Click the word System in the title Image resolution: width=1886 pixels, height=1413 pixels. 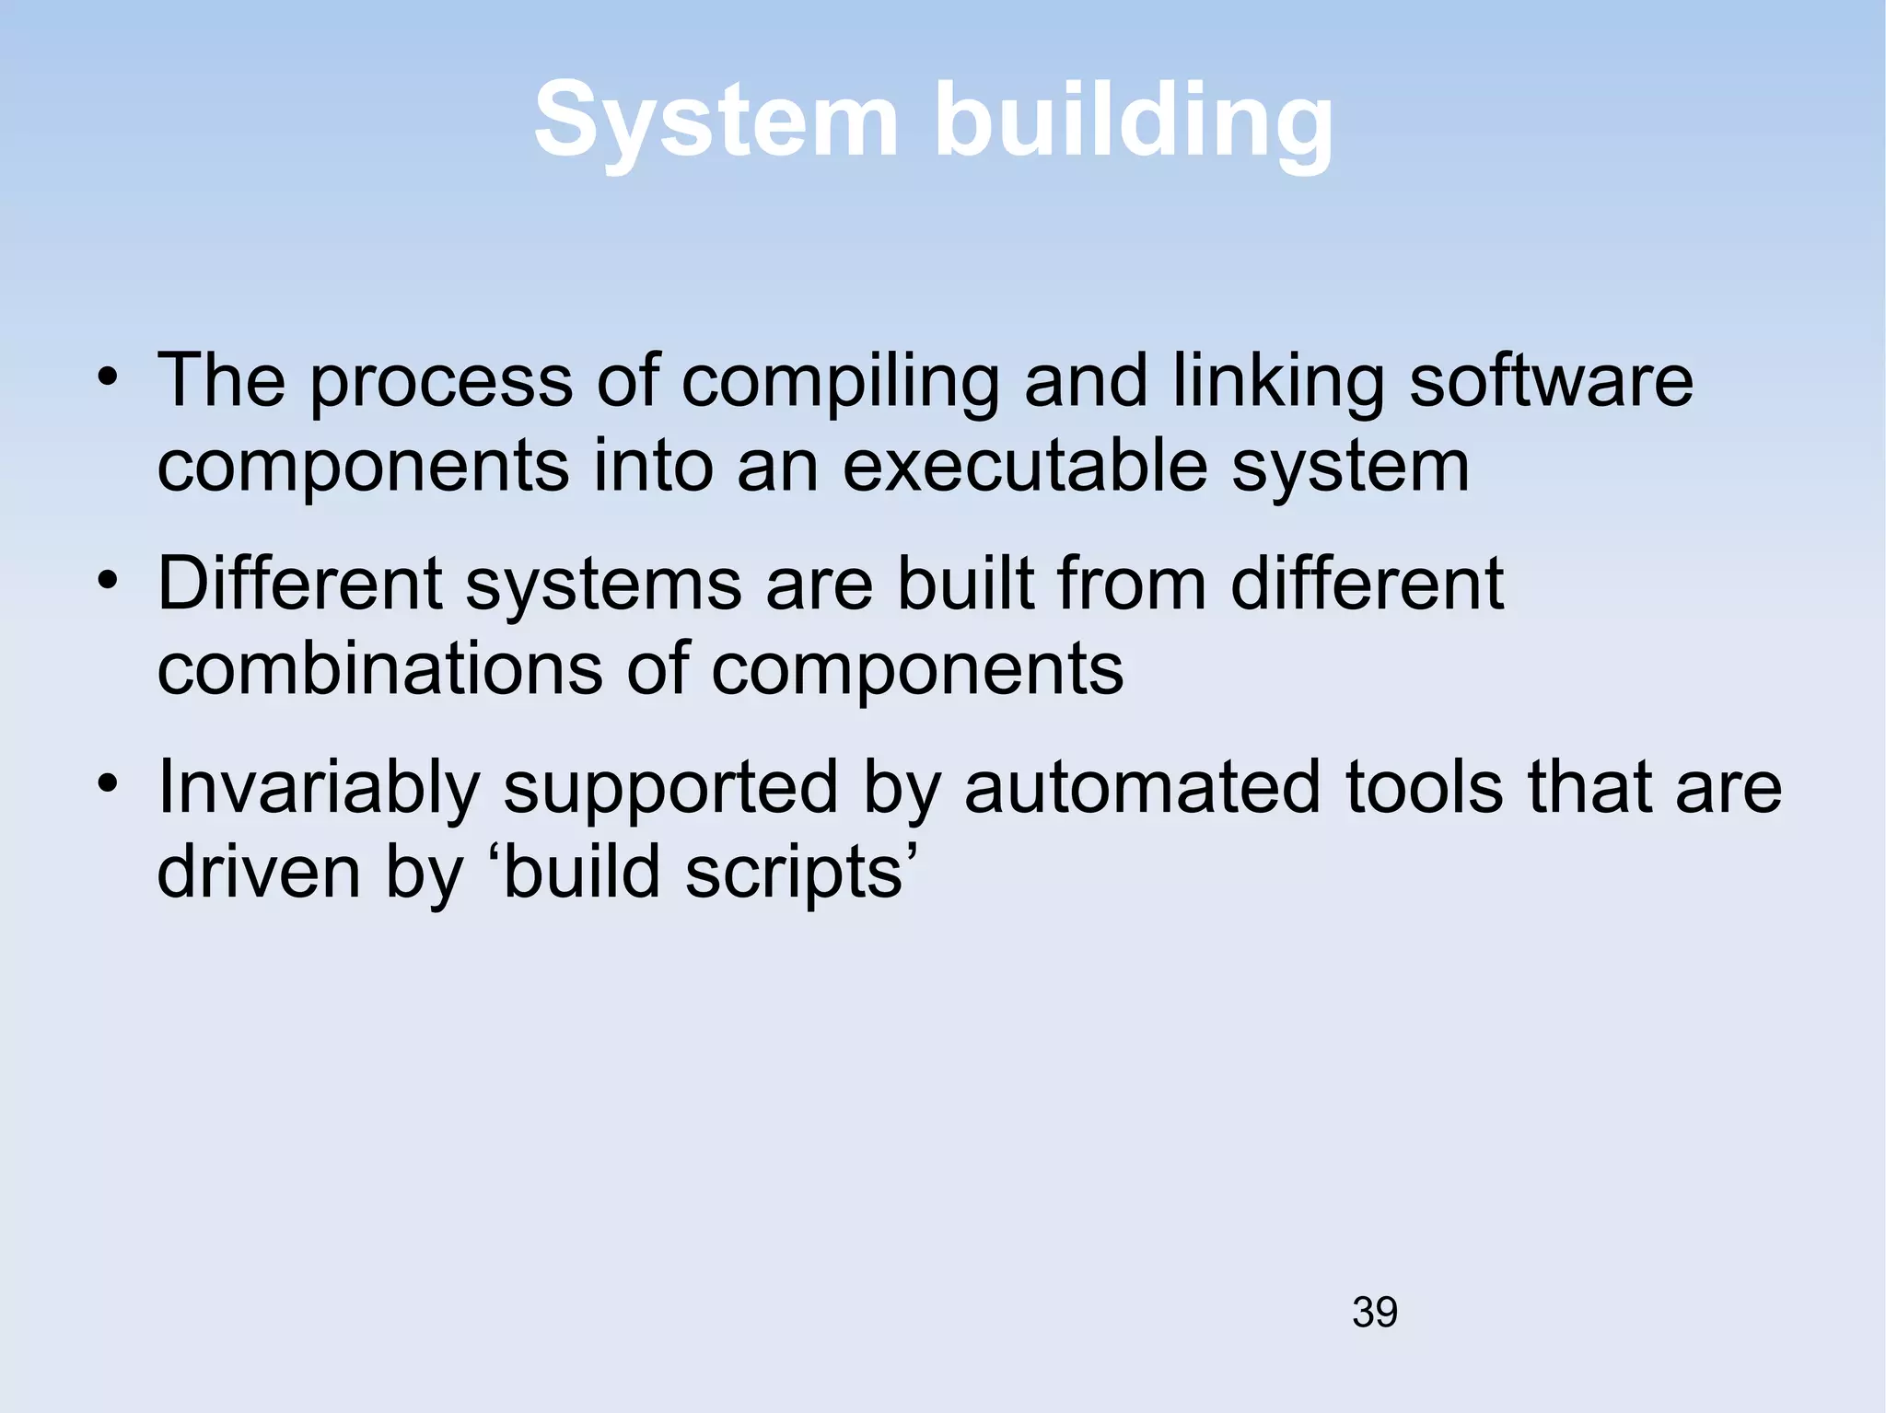tap(716, 121)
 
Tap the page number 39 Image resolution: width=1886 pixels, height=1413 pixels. tap(1374, 1312)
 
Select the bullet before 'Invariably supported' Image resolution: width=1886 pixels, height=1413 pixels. tap(109, 785)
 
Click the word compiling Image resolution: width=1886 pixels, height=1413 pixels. tap(840, 381)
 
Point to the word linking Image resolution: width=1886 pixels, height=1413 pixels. tap(1278, 381)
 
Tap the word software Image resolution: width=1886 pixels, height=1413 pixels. tap(1551, 381)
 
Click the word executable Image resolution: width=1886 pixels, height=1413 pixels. tap(1024, 465)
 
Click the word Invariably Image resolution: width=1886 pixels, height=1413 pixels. tap(319, 788)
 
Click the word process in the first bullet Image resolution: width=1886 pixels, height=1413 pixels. tap(440, 383)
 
